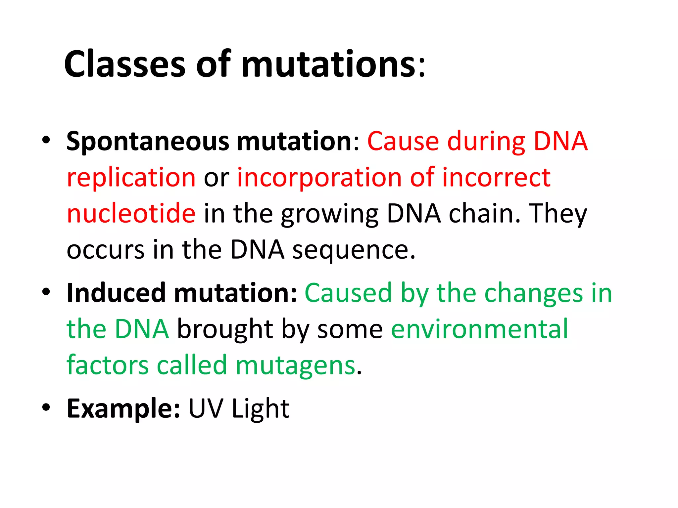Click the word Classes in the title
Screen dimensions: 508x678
(124, 64)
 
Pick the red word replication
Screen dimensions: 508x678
(131, 178)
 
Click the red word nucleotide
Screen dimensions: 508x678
(131, 214)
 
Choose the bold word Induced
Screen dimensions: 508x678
(116, 293)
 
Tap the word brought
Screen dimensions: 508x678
(225, 329)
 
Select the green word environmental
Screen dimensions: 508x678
(479, 329)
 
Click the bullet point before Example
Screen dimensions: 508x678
(46, 407)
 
